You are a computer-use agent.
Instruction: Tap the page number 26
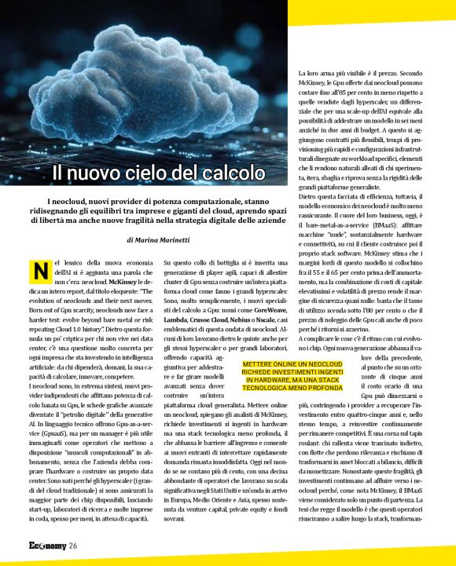click(x=72, y=546)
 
